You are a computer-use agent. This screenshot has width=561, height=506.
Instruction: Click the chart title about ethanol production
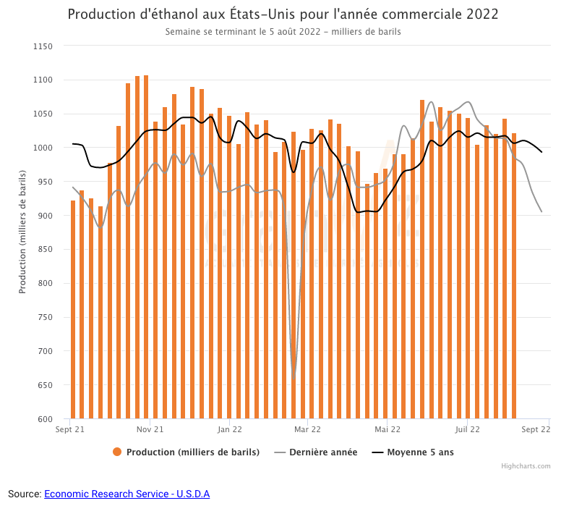point(283,14)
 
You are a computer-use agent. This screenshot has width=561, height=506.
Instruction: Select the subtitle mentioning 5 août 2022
point(283,32)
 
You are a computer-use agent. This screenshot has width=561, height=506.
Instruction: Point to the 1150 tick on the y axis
point(43,46)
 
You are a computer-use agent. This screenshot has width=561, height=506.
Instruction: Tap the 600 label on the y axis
point(46,419)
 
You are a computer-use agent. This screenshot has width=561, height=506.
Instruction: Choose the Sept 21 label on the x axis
point(70,429)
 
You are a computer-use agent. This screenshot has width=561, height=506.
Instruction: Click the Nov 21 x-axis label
point(150,429)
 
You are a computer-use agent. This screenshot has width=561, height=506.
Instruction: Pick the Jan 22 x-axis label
point(229,429)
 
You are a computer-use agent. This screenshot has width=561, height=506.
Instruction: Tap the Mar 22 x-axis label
point(308,429)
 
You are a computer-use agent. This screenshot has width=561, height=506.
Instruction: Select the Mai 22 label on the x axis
point(387,429)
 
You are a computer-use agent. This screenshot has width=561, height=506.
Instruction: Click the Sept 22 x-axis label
point(536,429)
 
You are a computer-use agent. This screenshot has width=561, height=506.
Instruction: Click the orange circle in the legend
point(117,452)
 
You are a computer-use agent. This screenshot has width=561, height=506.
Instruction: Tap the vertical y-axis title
point(22,232)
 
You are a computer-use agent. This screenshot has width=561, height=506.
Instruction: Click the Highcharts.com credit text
point(526,466)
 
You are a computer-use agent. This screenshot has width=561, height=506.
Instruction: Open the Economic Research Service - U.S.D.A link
point(127,494)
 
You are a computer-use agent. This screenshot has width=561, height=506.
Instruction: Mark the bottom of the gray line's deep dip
point(294,376)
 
